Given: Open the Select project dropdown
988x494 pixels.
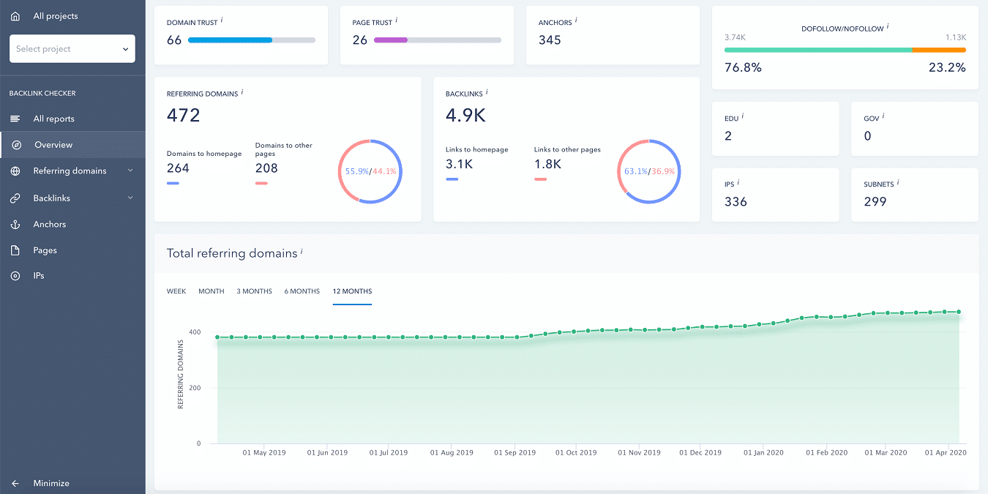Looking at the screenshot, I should [72, 49].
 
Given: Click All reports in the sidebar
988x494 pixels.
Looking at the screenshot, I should [53, 119].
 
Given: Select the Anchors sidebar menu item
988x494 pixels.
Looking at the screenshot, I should [49, 224].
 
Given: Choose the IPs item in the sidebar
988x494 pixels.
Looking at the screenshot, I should [39, 276].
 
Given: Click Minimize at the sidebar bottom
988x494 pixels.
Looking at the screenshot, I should [50, 483].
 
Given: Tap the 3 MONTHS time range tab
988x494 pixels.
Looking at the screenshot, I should [254, 291].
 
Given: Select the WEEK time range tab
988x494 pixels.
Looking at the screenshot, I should [176, 291].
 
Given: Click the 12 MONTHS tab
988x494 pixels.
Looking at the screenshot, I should [352, 291].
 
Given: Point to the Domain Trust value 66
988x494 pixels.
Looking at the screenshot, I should [174, 40].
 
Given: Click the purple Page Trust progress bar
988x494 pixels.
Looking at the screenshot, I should [391, 40].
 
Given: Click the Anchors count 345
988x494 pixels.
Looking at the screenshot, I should [550, 40].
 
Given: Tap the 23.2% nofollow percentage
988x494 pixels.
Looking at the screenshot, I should [947, 67].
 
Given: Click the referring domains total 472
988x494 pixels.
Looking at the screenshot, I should [183, 116].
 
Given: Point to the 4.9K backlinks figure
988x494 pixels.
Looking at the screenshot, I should [465, 116].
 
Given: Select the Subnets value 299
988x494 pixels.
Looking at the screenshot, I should [875, 202].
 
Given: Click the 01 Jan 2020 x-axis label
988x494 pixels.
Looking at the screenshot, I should [763, 453].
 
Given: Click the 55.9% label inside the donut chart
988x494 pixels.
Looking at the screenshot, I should [356, 171].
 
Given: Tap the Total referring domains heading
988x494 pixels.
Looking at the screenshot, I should [232, 253].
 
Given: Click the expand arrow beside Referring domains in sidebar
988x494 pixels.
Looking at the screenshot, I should [130, 171].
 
